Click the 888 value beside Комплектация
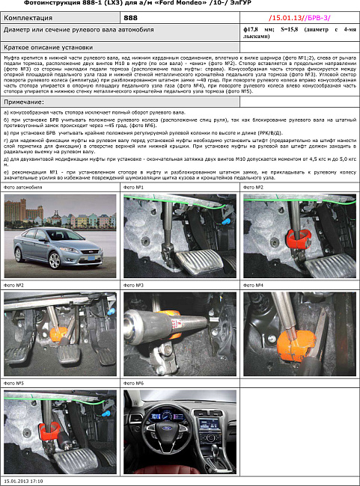pyautogui.click(x=130, y=16)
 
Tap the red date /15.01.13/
pyautogui.click(x=286, y=16)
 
